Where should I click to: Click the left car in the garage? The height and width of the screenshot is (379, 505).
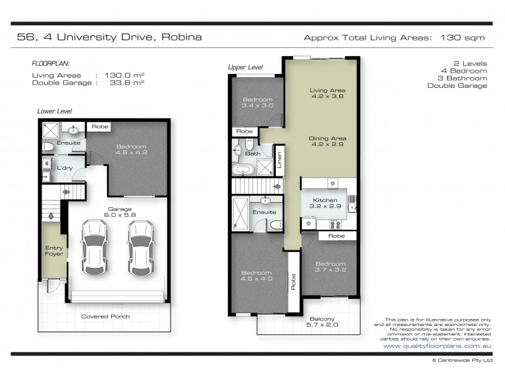click(94, 248)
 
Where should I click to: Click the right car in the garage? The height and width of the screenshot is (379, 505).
click(140, 248)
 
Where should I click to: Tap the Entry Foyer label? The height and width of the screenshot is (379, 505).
click(54, 251)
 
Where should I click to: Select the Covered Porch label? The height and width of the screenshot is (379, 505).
click(105, 316)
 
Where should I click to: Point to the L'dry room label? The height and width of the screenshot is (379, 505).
click(65, 168)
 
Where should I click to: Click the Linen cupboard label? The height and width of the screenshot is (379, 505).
click(280, 160)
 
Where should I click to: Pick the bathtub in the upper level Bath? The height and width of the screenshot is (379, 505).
click(244, 169)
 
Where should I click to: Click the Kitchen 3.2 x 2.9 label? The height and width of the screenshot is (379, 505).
click(325, 203)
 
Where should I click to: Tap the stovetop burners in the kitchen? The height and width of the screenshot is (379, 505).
click(335, 224)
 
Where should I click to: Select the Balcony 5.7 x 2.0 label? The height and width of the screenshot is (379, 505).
click(322, 322)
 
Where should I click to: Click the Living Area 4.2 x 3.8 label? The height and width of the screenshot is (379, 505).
click(327, 93)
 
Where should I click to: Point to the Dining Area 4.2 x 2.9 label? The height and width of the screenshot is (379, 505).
click(327, 141)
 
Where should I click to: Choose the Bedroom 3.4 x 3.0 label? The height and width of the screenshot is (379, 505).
click(258, 102)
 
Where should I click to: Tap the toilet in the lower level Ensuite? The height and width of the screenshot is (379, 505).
click(48, 147)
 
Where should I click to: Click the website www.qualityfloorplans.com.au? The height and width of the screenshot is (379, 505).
click(437, 346)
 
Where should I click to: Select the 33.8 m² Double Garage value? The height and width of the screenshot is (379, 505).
click(127, 83)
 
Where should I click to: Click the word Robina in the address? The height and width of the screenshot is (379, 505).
click(182, 37)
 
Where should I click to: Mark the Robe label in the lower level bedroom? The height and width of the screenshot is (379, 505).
click(100, 127)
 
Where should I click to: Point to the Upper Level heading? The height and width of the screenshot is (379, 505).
click(246, 67)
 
